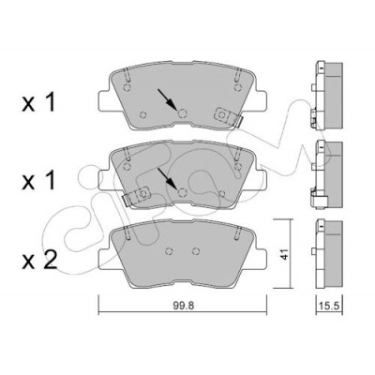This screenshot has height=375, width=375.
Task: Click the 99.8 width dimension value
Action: pyautogui.click(x=184, y=305)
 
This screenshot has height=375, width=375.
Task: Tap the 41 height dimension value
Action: pyautogui.click(x=284, y=254)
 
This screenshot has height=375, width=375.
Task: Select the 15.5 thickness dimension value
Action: pyautogui.click(x=330, y=306)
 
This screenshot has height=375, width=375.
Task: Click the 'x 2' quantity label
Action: pyautogui.click(x=39, y=260)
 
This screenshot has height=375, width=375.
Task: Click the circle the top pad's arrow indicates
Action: pyautogui.click(x=182, y=113)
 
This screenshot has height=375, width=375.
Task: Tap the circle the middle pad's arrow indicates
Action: pyautogui.click(x=182, y=193)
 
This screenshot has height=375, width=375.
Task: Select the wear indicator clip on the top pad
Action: pyautogui.click(x=228, y=117)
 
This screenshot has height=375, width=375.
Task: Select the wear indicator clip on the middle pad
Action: pyautogui.click(x=136, y=196)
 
